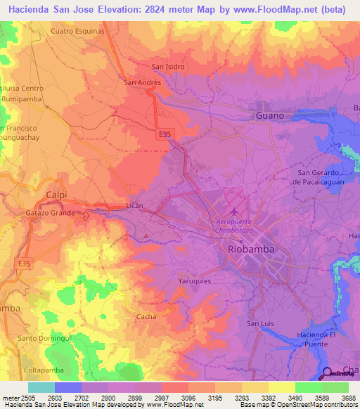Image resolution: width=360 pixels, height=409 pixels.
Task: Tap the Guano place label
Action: [270, 115]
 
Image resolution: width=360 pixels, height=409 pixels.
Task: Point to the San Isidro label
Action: [168, 67]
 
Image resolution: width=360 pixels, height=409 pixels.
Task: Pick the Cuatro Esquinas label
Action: [78, 32]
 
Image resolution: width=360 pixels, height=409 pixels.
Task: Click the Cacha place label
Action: [146, 316]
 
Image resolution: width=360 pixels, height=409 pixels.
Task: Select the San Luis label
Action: [259, 323]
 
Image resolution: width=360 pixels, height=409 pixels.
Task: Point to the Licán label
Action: [134, 205]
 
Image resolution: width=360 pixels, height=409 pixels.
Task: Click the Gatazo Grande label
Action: [51, 212]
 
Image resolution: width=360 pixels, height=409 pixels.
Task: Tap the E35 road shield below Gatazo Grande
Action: [25, 263]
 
